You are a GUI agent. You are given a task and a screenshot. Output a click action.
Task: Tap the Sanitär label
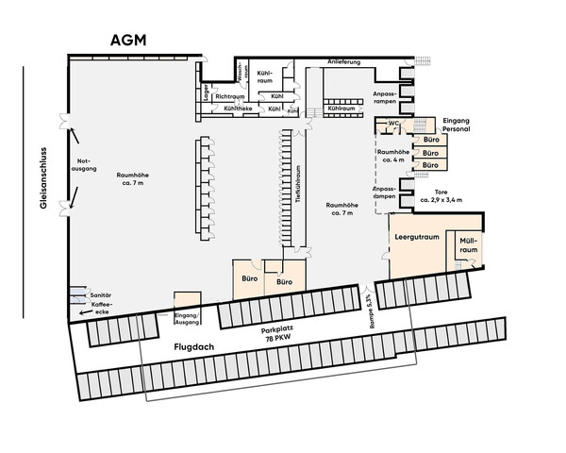pyautogui.click(x=100, y=296)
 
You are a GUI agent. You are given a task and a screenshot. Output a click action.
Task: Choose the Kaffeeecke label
pyautogui.click(x=102, y=309)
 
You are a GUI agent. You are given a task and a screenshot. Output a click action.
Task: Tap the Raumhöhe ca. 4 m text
pyautogui.click(x=391, y=156)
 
